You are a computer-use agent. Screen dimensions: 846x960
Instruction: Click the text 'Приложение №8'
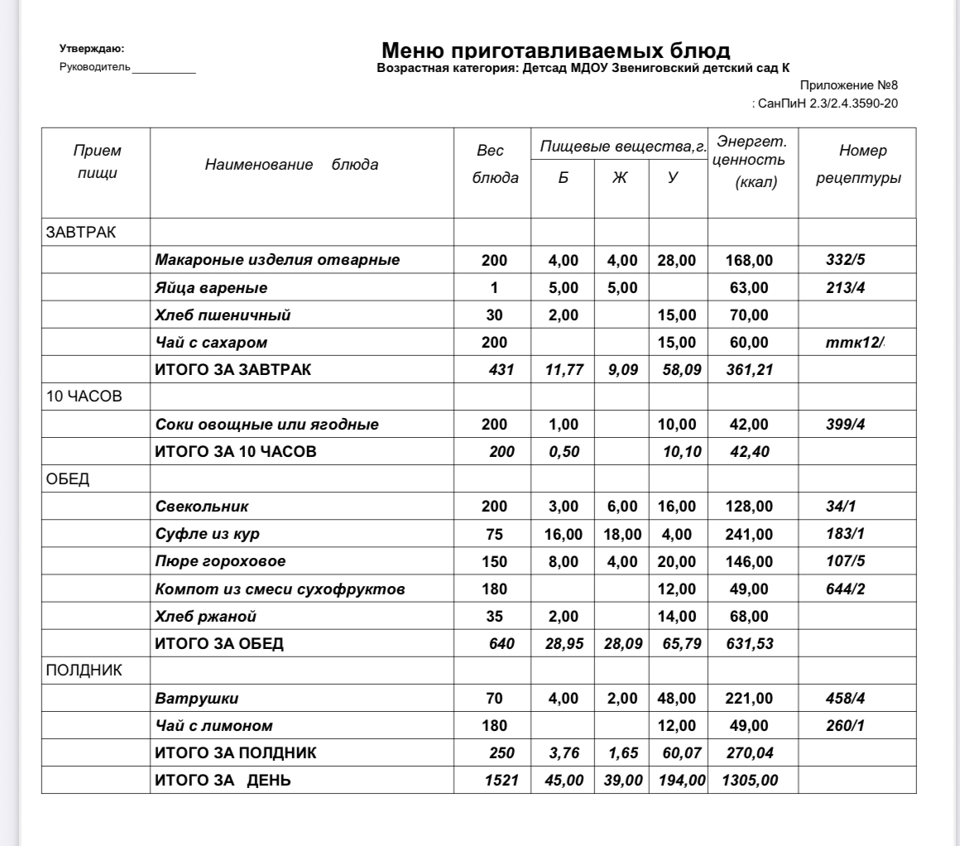pyautogui.click(x=848, y=85)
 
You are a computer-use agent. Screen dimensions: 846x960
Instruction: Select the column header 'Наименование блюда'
pyautogui.click(x=291, y=164)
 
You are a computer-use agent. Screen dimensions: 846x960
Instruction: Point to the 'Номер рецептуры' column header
pyautogui.click(x=858, y=165)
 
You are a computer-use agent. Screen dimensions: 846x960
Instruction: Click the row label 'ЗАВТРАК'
pyautogui.click(x=81, y=232)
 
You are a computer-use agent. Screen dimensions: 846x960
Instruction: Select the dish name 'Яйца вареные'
pyautogui.click(x=211, y=288)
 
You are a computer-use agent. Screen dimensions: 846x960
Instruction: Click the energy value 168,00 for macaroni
pyautogui.click(x=751, y=261)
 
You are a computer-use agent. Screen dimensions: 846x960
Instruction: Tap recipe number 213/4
pyautogui.click(x=845, y=288)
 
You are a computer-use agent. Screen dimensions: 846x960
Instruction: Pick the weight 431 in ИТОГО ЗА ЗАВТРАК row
pyautogui.click(x=502, y=369)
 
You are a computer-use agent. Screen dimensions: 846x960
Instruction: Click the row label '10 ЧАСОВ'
pyautogui.click(x=84, y=397)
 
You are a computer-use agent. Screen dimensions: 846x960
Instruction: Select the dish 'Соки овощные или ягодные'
pyautogui.click(x=266, y=425)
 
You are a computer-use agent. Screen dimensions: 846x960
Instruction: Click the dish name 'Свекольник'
pyautogui.click(x=202, y=506)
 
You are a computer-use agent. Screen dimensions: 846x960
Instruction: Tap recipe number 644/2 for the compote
pyautogui.click(x=845, y=589)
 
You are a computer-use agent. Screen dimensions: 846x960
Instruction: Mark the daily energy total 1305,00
pyautogui.click(x=749, y=781)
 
